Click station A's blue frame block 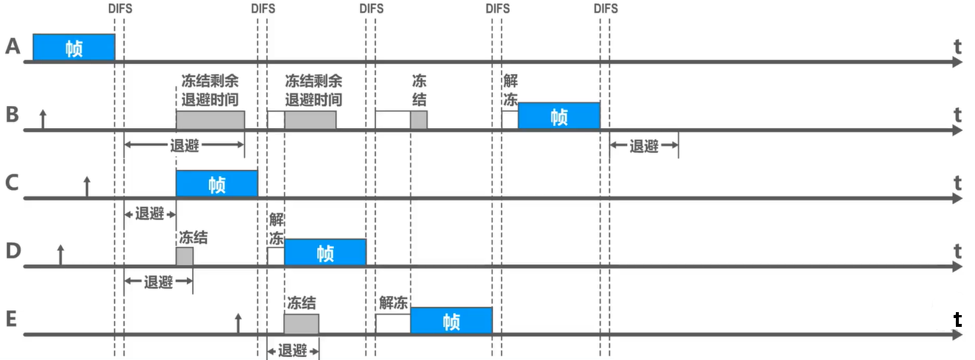coord(74,48)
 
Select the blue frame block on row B coord(559,116)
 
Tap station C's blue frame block coord(216,183)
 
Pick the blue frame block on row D coord(325,253)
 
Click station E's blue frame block coord(450,321)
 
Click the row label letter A coord(12,47)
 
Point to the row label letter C coord(12,183)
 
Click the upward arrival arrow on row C coord(87,186)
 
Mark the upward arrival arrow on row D coord(60,255)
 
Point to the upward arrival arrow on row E coord(238,323)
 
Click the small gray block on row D coord(184,256)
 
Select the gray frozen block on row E coord(301,323)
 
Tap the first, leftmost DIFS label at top coord(120,9)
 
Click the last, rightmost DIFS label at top coord(605,9)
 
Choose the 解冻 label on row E coord(394,303)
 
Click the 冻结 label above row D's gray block coord(193,237)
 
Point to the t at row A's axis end coord(957,46)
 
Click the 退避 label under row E coord(292,350)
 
